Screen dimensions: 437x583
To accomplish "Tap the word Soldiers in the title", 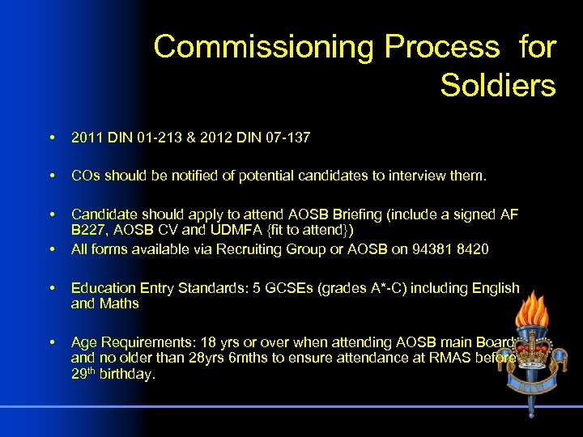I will (x=498, y=84).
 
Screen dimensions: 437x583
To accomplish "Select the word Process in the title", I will (x=442, y=47).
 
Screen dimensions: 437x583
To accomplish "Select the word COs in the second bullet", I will (x=83, y=176).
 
